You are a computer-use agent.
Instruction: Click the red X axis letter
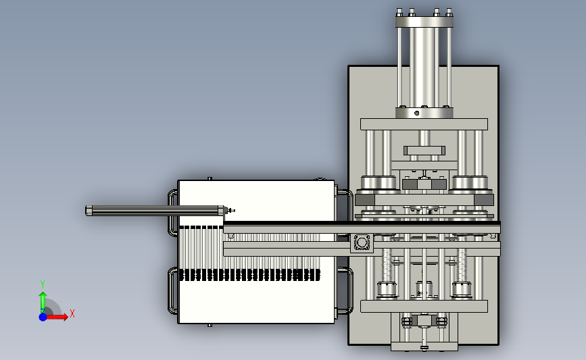72,313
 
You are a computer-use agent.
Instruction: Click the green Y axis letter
43,284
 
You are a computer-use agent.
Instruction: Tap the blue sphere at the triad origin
43,317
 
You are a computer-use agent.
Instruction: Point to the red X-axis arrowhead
65,317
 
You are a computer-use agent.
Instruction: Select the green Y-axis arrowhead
43,295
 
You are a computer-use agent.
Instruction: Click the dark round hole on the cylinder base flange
417,113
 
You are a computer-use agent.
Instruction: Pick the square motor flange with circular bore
362,242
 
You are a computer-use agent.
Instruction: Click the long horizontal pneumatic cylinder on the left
155,211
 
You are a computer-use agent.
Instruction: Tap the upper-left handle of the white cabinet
172,213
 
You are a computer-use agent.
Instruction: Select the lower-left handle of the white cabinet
172,290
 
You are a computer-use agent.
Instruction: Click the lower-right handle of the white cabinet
346,290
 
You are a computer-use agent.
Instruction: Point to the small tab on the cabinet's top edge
210,178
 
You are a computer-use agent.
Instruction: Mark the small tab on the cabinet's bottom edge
210,326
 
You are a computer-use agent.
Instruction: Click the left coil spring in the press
387,265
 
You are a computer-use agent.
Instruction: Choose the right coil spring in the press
462,265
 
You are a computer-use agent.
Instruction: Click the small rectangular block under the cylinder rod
424,151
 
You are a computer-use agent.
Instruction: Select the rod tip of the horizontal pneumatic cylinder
231,211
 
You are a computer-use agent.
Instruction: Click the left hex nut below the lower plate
407,321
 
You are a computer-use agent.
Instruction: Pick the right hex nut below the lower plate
441,321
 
